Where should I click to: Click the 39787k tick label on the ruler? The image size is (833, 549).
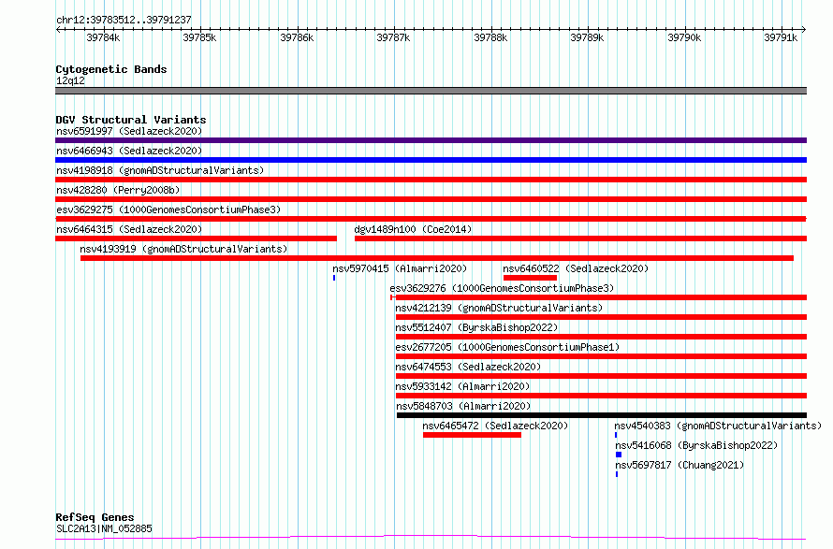[393, 37]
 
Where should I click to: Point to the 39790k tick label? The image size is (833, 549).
[684, 37]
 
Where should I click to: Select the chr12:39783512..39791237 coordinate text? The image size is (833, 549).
[124, 20]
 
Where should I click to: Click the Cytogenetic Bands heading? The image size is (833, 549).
[111, 69]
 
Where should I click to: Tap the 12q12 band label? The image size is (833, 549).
[70, 80]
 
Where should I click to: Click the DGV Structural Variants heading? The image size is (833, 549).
[131, 120]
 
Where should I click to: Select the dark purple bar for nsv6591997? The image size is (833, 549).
[431, 140]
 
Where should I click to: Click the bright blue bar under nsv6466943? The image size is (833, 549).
[431, 160]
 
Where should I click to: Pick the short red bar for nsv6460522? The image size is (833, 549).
[530, 278]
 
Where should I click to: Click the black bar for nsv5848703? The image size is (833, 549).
[602, 415]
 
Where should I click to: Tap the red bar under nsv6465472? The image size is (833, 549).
[473, 435]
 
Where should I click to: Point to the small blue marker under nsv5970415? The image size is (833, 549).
[334, 278]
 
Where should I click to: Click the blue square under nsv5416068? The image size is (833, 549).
[619, 455]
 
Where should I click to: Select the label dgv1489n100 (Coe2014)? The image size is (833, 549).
[413, 229]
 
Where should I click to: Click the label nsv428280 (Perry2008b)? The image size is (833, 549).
[118, 190]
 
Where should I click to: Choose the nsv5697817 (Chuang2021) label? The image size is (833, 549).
[680, 465]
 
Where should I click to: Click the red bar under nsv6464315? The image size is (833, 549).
[196, 238]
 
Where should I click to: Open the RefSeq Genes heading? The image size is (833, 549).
[95, 517]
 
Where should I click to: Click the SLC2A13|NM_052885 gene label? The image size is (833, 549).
[104, 528]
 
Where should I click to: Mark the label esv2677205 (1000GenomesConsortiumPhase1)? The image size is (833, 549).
[507, 347]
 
